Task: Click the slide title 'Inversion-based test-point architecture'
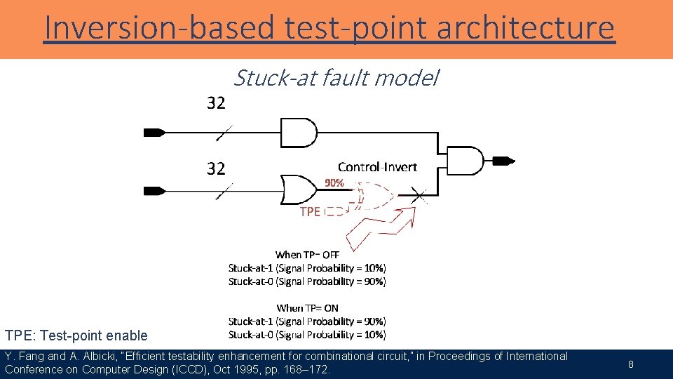coord(329,28)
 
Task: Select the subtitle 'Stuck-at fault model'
coord(335,78)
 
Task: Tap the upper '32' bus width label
coord(216,103)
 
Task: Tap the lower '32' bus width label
coord(216,168)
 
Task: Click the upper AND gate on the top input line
coord(298,133)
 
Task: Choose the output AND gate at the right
coord(465,161)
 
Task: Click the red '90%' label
coord(334,182)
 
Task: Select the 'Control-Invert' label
coord(377,167)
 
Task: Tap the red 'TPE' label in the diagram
coord(310,211)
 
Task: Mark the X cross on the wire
coord(419,194)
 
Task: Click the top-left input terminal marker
coord(154,132)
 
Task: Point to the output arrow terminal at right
coord(503,161)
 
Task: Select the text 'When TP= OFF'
coord(307,255)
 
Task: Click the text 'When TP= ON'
coord(307,307)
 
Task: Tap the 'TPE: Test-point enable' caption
coord(76,335)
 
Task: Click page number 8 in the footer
coord(630,364)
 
